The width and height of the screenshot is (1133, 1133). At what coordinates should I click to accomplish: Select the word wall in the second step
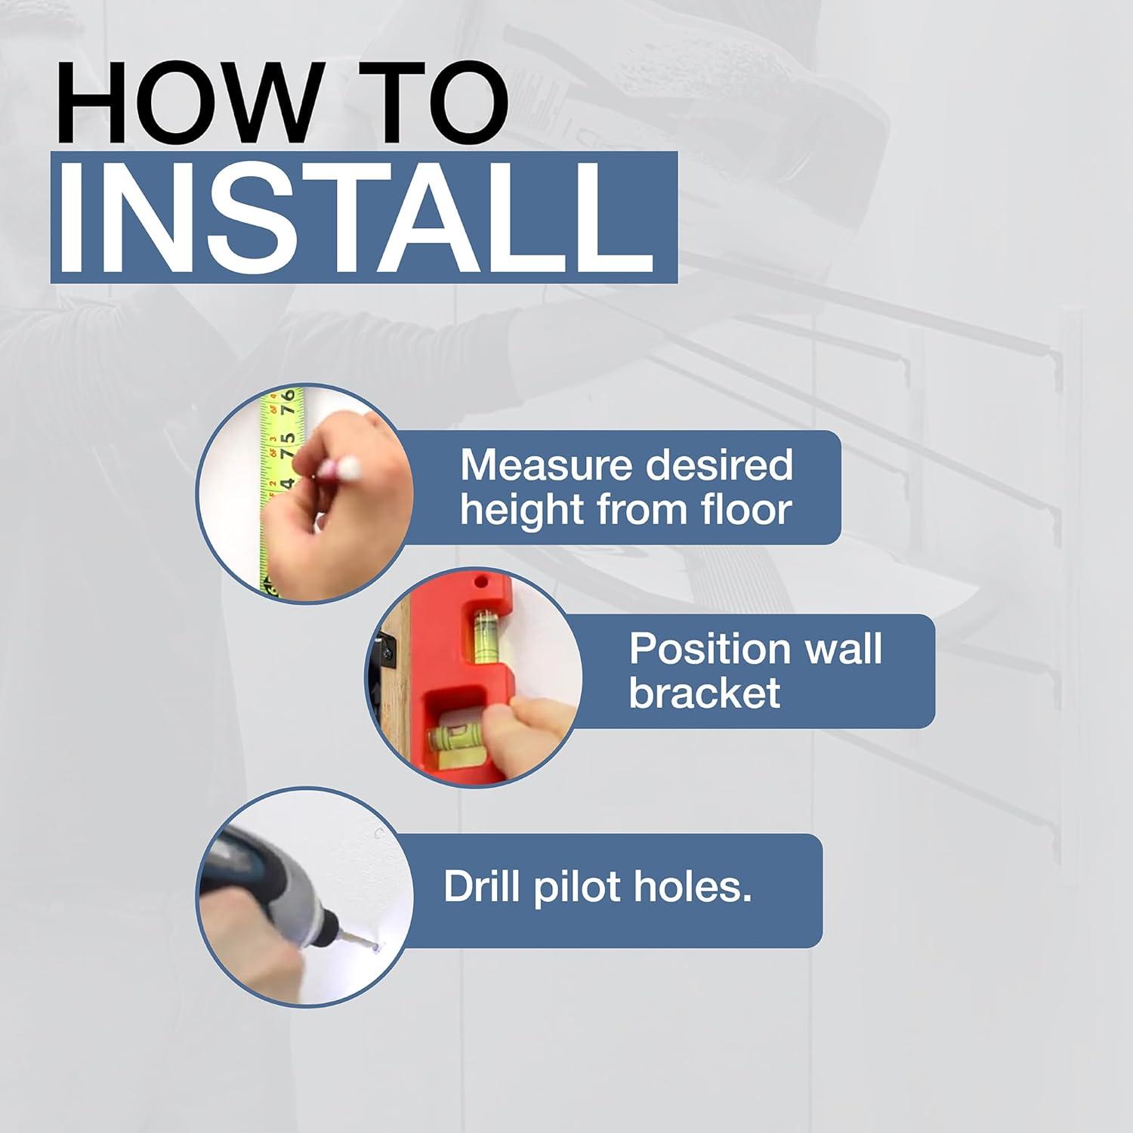pos(841,648)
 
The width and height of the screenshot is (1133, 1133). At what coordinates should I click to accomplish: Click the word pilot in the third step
pos(577,887)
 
